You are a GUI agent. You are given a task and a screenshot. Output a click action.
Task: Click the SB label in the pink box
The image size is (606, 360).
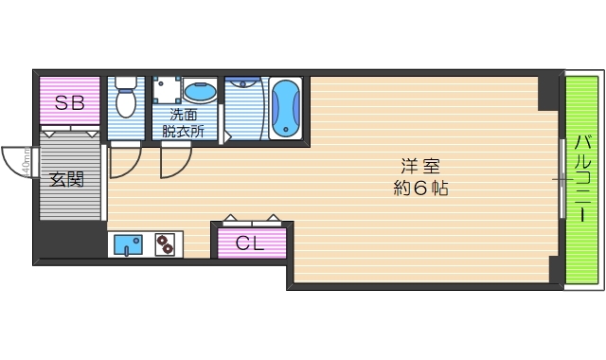68,103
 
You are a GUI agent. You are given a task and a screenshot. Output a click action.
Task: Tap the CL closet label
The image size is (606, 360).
250,243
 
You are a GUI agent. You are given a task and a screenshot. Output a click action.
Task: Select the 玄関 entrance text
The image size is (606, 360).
68,179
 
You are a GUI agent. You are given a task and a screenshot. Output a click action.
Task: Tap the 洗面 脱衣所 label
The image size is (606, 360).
183,123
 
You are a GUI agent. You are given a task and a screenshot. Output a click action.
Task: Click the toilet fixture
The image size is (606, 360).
125,99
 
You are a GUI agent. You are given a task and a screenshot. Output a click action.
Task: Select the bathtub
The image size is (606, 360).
284,107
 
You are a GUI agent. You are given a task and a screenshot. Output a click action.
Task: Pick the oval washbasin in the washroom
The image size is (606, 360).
200,93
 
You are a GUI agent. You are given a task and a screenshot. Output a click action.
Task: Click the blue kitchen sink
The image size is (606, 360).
126,245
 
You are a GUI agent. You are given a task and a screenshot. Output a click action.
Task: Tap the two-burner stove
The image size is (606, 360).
166,245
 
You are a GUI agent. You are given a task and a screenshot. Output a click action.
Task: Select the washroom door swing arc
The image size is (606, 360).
174,164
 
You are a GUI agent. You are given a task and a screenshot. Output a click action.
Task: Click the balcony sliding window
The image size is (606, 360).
561,178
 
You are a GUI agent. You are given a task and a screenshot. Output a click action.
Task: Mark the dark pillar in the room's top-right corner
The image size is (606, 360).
548,92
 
